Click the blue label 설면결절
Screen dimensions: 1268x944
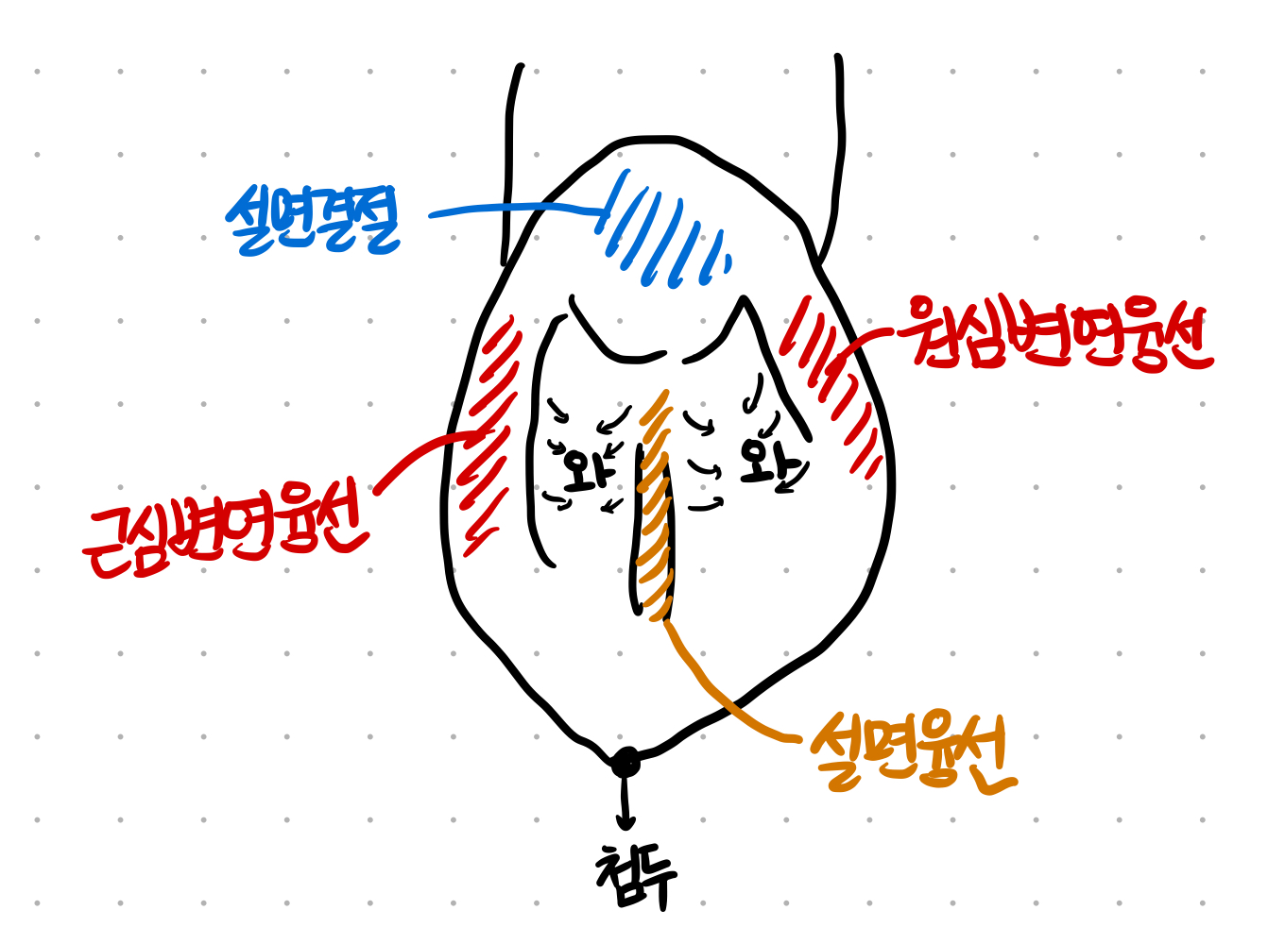(312, 220)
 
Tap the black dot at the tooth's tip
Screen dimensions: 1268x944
(625, 762)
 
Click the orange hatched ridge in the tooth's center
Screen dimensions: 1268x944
(656, 510)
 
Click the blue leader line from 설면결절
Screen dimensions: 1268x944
(510, 209)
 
